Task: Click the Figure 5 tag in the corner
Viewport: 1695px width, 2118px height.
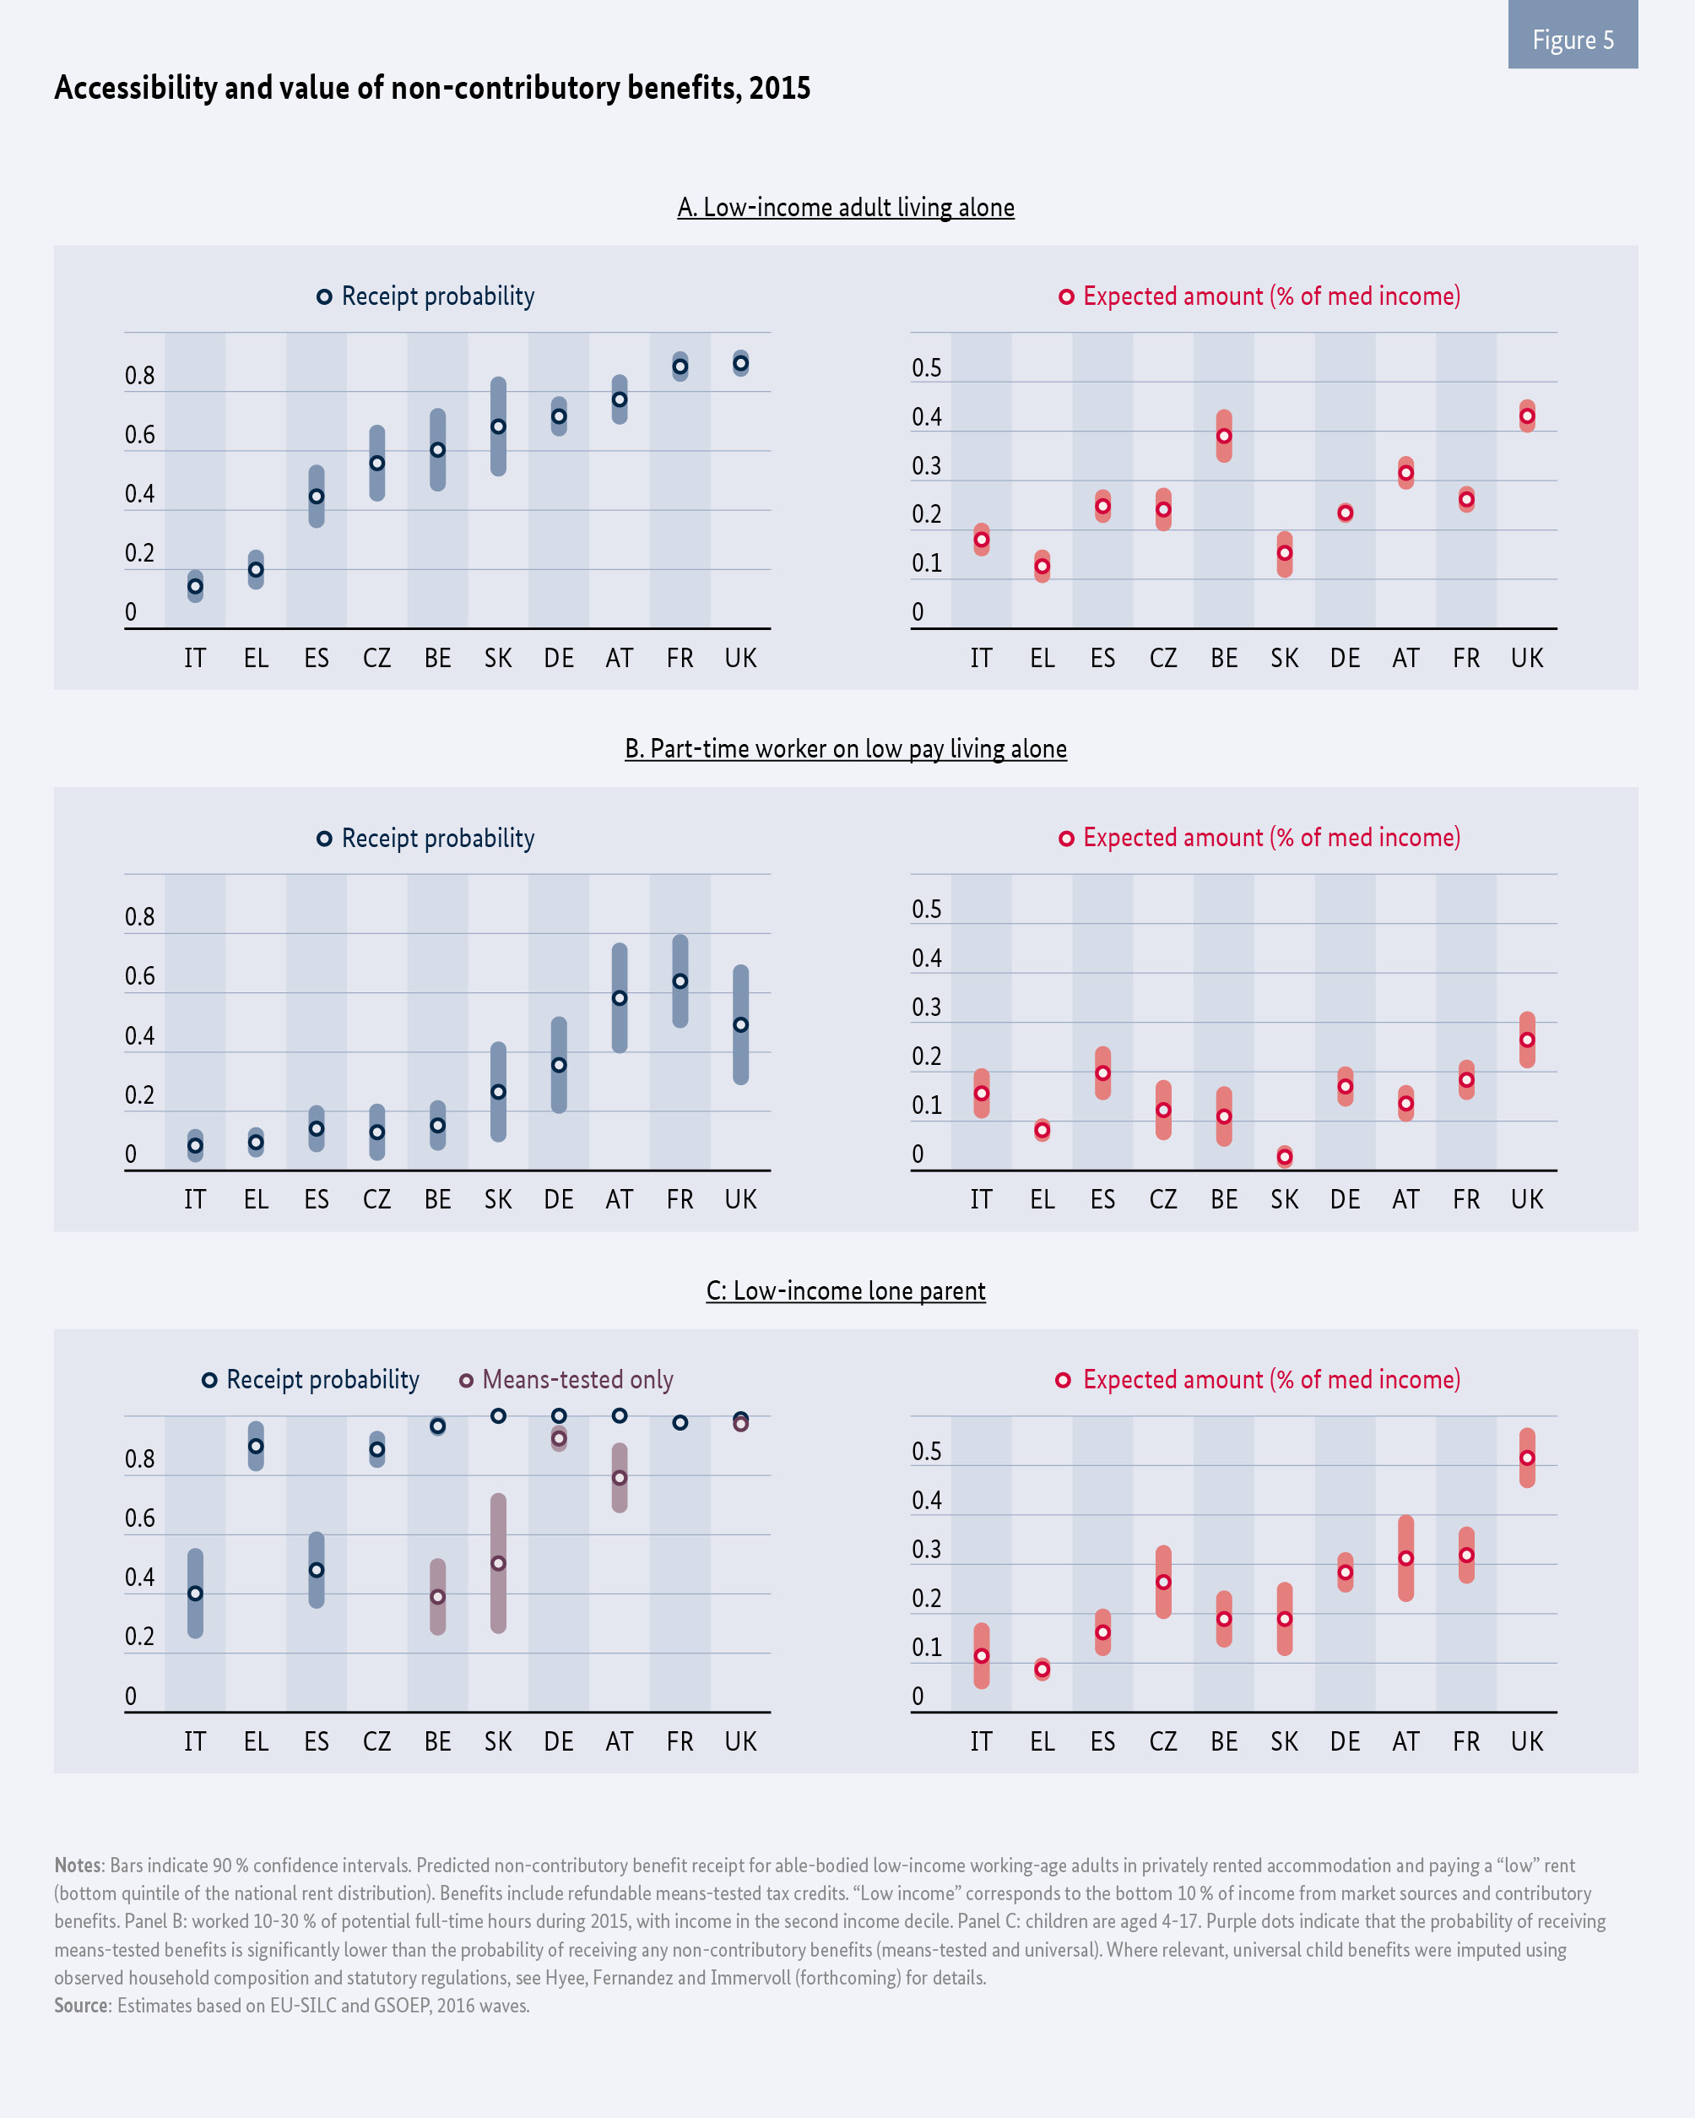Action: point(1573,40)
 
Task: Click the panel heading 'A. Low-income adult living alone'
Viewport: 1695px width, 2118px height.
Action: point(846,207)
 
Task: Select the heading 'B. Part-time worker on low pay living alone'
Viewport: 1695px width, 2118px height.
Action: point(846,748)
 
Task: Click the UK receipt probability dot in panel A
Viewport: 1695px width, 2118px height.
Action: point(740,363)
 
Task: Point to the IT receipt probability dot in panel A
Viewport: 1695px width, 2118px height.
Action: point(196,586)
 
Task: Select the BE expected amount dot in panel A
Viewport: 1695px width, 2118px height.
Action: point(1224,436)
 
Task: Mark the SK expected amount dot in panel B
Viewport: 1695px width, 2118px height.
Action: point(1285,1157)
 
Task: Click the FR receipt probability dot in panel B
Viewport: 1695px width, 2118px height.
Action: point(680,981)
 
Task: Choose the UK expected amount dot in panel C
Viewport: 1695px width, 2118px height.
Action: point(1527,1458)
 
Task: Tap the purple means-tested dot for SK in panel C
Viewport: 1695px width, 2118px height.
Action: point(498,1563)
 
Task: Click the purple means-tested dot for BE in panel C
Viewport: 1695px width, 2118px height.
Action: point(438,1596)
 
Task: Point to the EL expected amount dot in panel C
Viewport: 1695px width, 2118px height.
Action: point(1042,1669)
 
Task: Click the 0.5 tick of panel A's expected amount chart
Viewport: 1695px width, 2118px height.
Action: point(926,368)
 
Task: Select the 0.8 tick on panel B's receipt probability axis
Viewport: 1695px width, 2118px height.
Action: point(139,917)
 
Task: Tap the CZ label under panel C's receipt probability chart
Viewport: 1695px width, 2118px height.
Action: point(377,1741)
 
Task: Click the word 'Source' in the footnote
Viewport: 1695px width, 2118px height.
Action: point(82,2005)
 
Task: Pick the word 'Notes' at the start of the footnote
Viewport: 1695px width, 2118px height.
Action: point(78,1865)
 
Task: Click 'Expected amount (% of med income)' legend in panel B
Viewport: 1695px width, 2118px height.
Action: point(1260,837)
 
